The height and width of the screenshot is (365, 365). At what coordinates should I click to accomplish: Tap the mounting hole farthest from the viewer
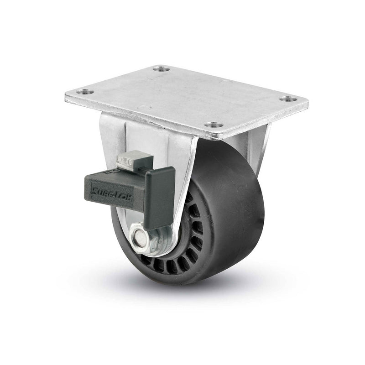pos(161,68)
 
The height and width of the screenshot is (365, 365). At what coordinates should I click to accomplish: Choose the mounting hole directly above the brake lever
pos(85,92)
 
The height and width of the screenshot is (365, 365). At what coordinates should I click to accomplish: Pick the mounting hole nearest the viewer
pos(214,124)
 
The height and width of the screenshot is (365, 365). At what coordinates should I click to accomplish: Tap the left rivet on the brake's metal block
pos(120,159)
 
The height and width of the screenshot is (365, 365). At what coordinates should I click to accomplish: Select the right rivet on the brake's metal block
pos(129,160)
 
